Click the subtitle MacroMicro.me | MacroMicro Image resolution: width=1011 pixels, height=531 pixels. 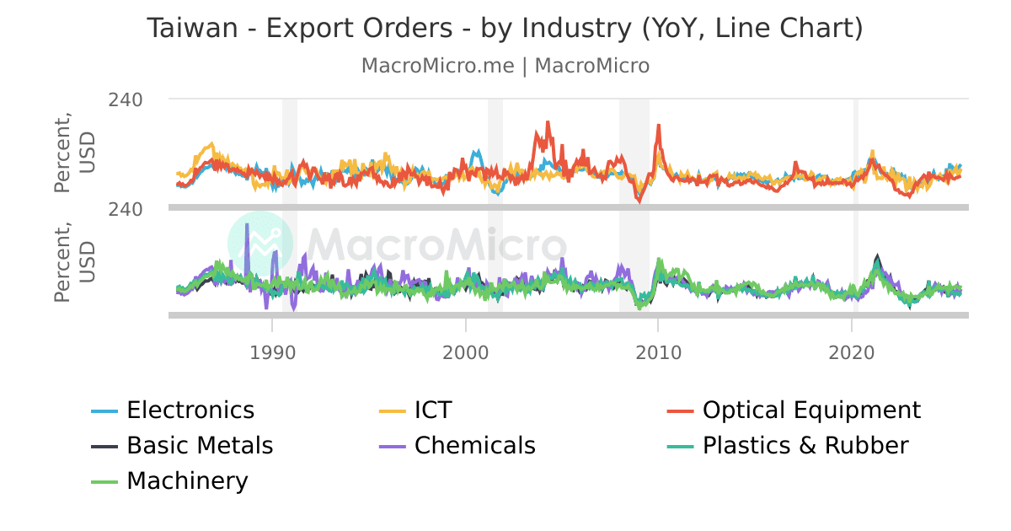point(505,66)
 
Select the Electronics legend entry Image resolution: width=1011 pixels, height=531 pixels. point(190,410)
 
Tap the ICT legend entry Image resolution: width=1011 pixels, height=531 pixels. point(432,410)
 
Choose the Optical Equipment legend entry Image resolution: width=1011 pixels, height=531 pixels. point(810,410)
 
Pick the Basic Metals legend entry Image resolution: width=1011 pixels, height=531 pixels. point(199,446)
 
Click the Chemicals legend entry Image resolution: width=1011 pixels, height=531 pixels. point(474,446)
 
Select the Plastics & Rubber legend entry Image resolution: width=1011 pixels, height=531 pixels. point(805,446)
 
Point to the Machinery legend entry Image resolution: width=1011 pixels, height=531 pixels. point(186,481)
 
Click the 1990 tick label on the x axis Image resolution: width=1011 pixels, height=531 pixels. point(271,351)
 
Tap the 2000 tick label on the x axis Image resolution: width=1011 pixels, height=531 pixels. point(465,351)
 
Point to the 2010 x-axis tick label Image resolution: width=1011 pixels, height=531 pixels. point(658,351)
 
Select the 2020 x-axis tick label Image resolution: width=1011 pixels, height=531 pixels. point(853,351)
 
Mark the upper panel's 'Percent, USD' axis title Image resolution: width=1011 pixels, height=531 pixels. point(75,153)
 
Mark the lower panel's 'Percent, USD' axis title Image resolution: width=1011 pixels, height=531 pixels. point(75,261)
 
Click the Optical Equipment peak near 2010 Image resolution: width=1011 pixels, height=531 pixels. point(658,126)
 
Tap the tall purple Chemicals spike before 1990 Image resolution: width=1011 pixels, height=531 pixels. point(247,225)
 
